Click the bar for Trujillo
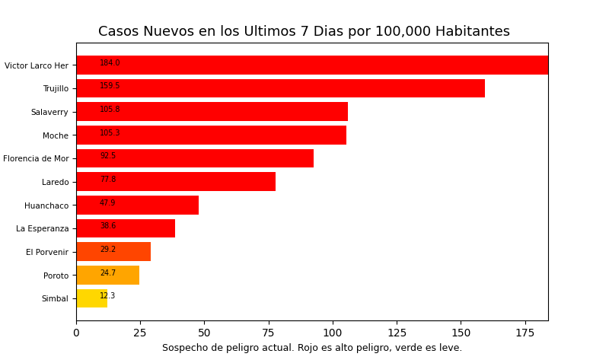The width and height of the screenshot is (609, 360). click(280, 88)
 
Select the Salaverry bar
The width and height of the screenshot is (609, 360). click(212, 112)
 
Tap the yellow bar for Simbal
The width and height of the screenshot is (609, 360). click(91, 298)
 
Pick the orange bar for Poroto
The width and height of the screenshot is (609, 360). click(107, 275)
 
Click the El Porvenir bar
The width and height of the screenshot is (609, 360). click(113, 252)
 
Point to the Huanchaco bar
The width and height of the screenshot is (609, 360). click(137, 205)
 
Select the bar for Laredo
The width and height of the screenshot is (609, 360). click(176, 182)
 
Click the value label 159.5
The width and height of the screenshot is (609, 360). click(110, 86)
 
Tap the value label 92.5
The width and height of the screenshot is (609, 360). click(108, 156)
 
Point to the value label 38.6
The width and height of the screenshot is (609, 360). click(108, 226)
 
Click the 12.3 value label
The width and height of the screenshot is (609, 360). click(107, 296)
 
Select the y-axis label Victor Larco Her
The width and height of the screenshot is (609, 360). click(37, 65)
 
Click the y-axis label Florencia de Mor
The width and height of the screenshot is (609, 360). click(36, 159)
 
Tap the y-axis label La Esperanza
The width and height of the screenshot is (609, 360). click(42, 229)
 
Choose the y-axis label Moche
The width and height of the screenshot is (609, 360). click(56, 135)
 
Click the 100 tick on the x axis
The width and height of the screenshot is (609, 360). click(333, 333)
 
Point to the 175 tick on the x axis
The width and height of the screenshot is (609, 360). click(525, 333)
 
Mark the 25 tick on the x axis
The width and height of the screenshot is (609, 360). click(140, 333)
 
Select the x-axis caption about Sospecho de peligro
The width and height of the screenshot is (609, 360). click(312, 348)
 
